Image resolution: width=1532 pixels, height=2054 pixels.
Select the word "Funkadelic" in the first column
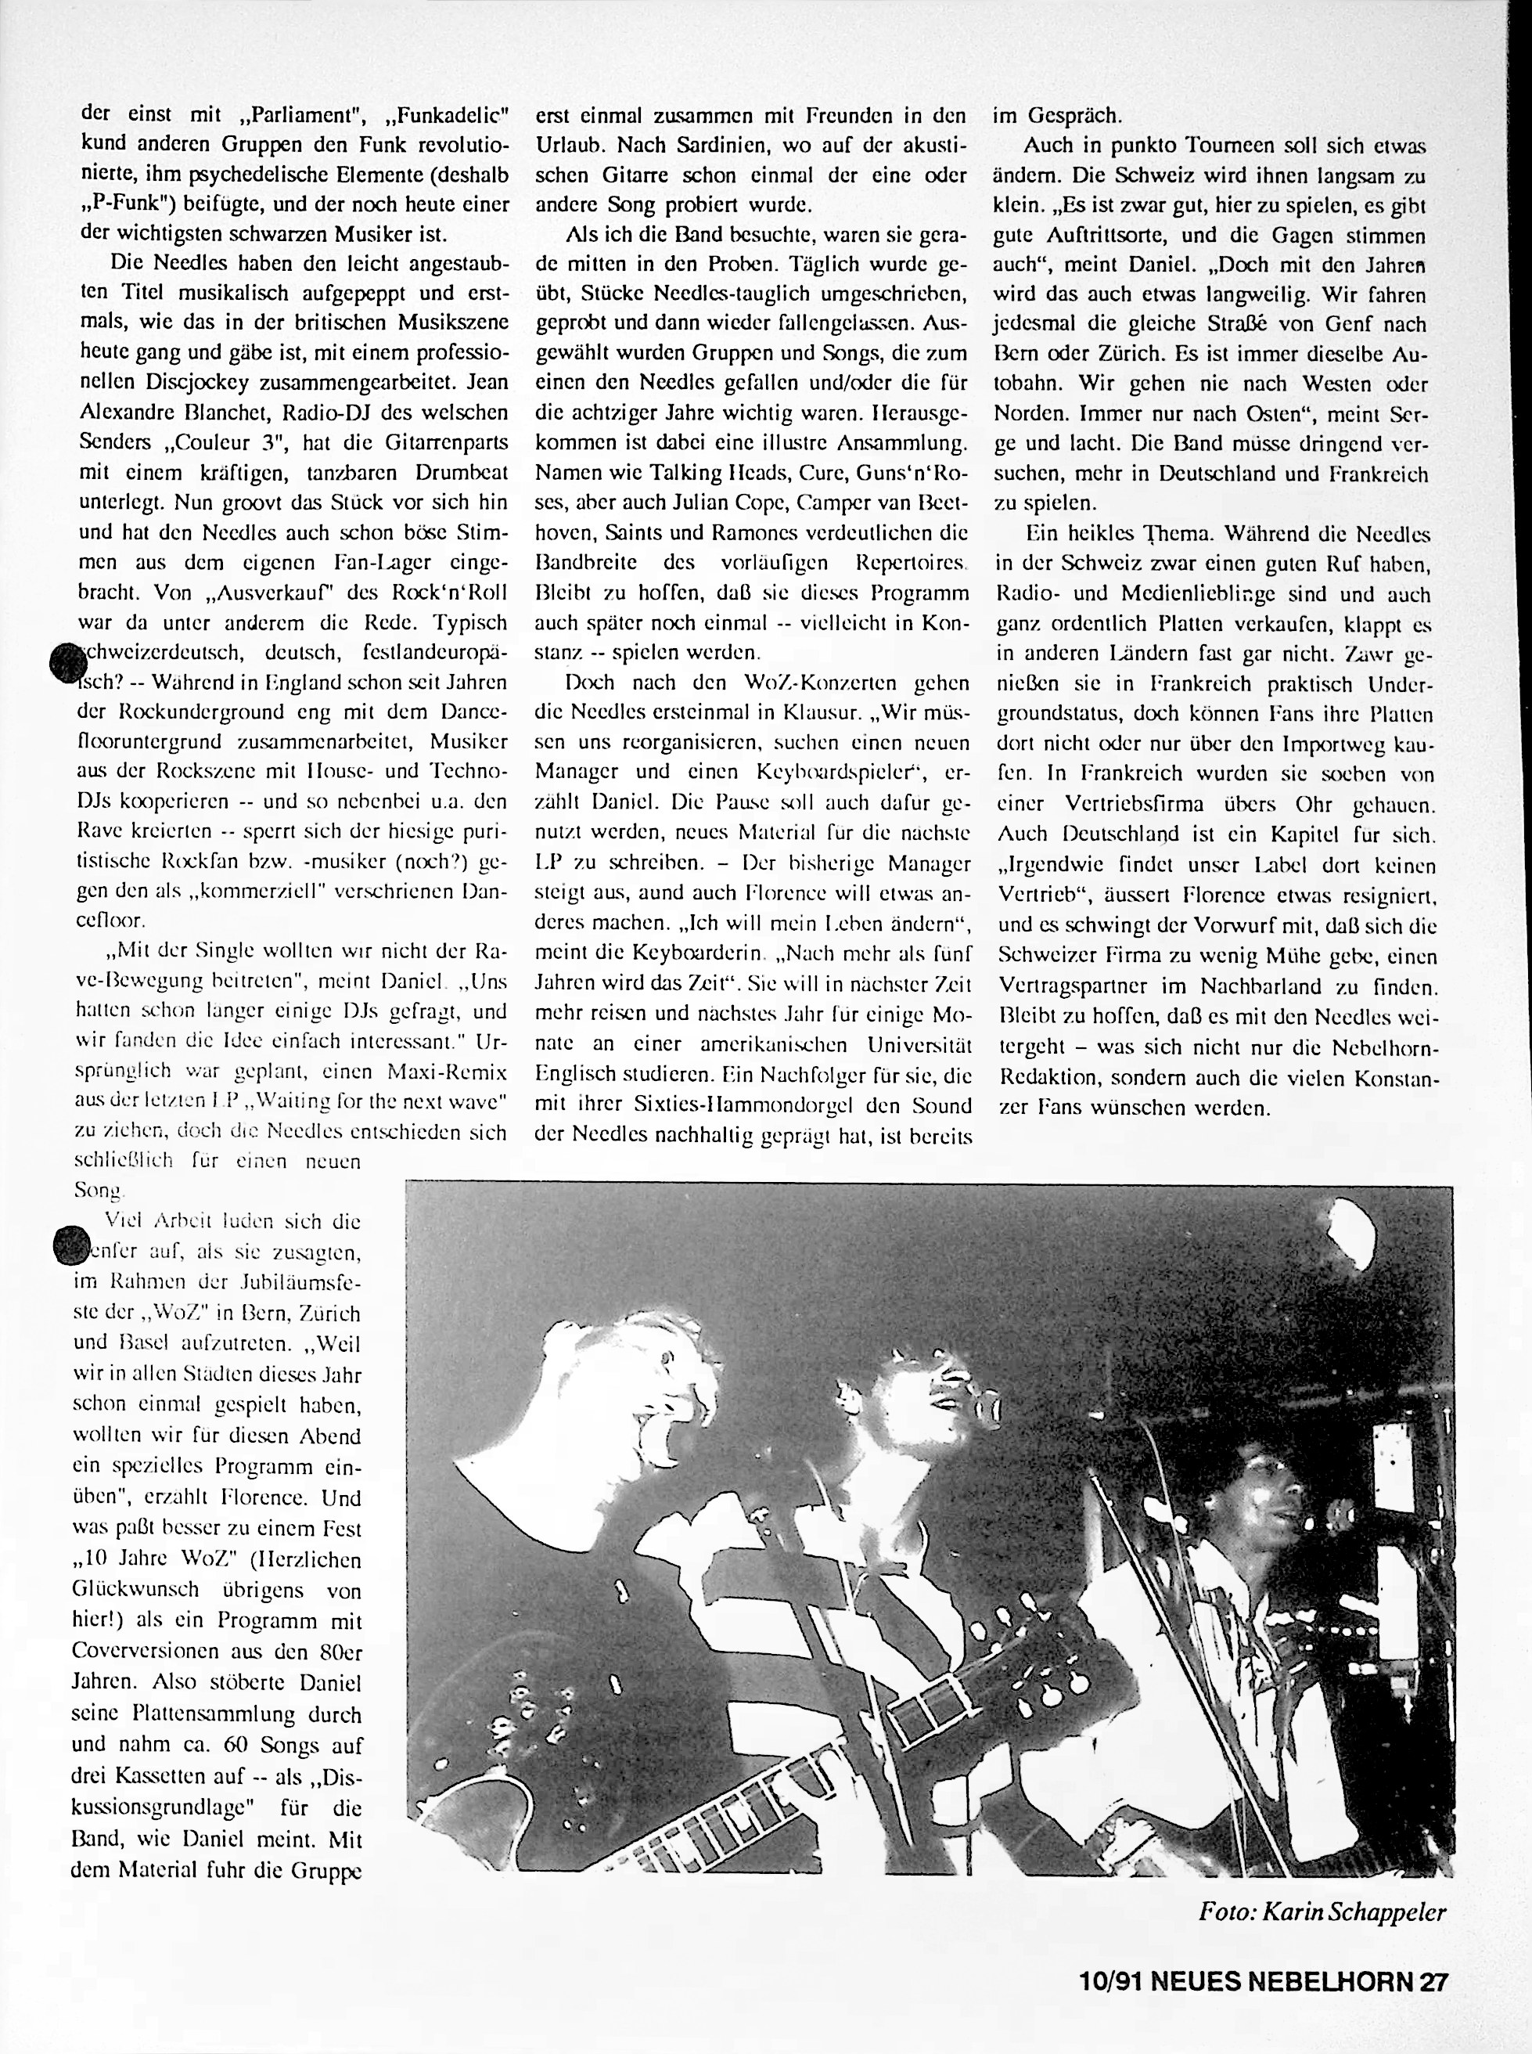click(454, 116)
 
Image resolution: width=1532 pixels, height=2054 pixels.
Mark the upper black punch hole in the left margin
click(66, 663)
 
